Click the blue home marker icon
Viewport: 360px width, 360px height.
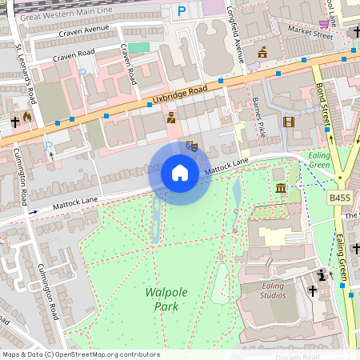[180, 173]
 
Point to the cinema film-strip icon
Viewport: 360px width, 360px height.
[288, 122]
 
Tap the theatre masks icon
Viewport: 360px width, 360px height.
[191, 146]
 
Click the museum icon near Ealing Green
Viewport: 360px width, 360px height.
[280, 187]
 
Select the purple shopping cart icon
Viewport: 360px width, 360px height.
[323, 23]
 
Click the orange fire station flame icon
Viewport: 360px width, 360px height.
[28, 117]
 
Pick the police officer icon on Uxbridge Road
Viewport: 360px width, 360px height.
[170, 118]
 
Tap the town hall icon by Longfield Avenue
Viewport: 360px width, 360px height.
[262, 53]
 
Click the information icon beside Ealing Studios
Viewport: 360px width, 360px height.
[322, 274]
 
